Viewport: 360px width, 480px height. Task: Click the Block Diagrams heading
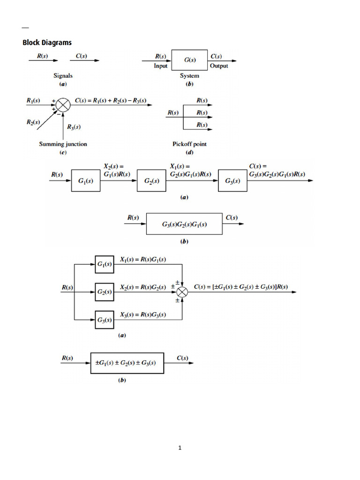[47, 43]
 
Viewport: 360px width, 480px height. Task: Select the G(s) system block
[190, 60]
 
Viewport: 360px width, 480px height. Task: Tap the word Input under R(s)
[161, 66]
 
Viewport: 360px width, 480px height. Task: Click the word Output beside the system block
[219, 66]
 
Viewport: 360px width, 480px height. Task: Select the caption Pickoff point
[189, 144]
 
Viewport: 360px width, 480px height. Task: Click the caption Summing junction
[63, 144]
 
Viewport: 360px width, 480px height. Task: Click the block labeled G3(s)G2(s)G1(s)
[184, 225]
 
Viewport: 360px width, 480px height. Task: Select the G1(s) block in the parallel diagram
[105, 265]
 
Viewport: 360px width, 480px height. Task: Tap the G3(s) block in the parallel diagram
[105, 320]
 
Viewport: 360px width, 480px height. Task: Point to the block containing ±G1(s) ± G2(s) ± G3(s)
[127, 363]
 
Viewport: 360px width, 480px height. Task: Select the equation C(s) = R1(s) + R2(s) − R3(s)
[111, 100]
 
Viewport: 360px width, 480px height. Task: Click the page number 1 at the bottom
[180, 448]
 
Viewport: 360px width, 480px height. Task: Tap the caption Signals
[63, 75]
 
